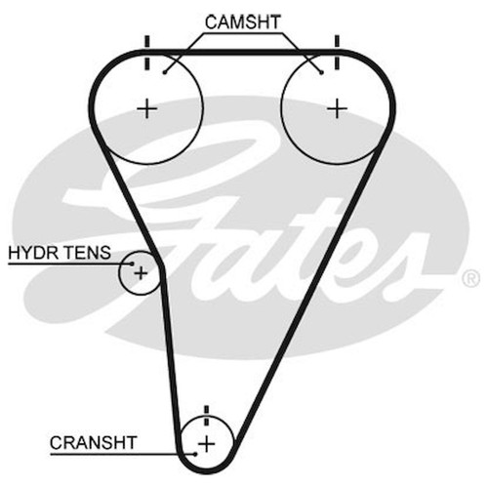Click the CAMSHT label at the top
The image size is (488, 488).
coord(242,22)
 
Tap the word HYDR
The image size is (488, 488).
coord(28,253)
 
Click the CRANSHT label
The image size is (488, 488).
coord(93,442)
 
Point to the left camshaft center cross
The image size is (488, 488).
coord(147,108)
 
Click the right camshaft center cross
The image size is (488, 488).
coord(337,108)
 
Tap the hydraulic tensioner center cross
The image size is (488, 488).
coord(141,273)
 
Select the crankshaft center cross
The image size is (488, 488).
coord(207,444)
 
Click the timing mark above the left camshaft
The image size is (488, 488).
coord(147,53)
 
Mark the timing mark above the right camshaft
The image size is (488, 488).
coord(337,53)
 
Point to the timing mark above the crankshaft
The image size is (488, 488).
coord(206,416)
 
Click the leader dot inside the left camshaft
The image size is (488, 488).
coord(165,72)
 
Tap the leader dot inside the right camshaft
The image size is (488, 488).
coord(321,72)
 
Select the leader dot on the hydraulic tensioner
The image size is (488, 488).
coord(132,264)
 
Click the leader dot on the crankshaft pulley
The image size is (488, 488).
coord(195,454)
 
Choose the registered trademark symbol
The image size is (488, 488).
coord(470,278)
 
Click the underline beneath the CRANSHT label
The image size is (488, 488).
coord(123,454)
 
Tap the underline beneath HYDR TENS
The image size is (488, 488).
coord(70,264)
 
